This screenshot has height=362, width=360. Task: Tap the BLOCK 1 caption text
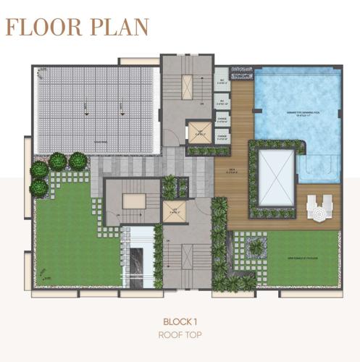[x=179, y=321]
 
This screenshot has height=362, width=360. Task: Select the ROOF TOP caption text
[x=179, y=335]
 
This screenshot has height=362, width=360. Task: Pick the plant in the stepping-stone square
[x=255, y=248]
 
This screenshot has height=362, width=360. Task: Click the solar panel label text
[x=90, y=142]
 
